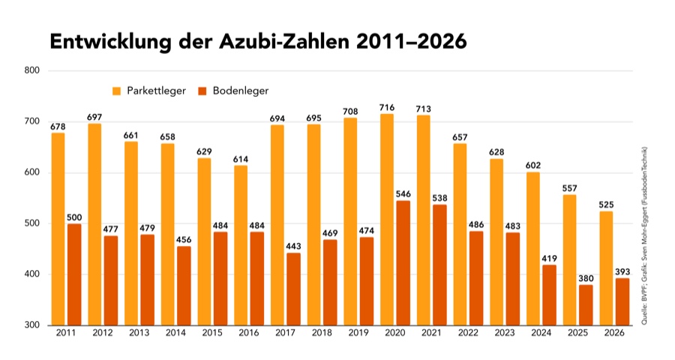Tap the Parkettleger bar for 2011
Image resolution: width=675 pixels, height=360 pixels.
[58, 229]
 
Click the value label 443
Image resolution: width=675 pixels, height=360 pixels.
[292, 247]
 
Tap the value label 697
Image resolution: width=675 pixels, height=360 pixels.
[94, 118]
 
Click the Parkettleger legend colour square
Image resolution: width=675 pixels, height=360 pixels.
[118, 91]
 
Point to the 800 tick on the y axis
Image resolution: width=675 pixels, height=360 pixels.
[33, 71]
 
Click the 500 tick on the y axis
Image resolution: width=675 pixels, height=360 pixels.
[33, 223]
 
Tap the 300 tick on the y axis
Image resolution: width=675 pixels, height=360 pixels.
[33, 325]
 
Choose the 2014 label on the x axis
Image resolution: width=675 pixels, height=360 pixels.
[175, 332]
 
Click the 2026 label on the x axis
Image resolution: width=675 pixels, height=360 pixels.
[613, 332]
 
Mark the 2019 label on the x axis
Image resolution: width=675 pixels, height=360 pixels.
[358, 332]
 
